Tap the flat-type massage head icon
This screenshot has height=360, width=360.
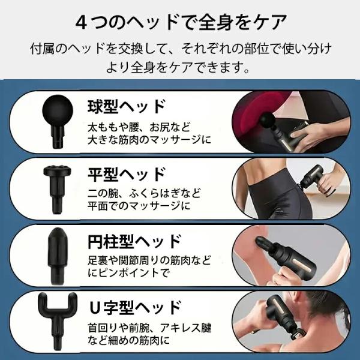click(x=57, y=190)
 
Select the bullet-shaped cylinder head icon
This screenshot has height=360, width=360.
click(x=58, y=256)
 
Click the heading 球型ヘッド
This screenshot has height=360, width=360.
click(x=126, y=106)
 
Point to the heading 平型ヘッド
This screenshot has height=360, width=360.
click(x=126, y=175)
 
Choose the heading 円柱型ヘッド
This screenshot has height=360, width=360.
click(x=134, y=242)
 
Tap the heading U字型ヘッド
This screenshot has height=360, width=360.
click(x=134, y=308)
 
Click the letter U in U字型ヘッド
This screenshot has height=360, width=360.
click(x=94, y=308)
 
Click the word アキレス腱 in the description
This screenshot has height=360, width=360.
click(x=185, y=328)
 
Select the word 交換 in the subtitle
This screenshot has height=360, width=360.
click(x=130, y=49)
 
